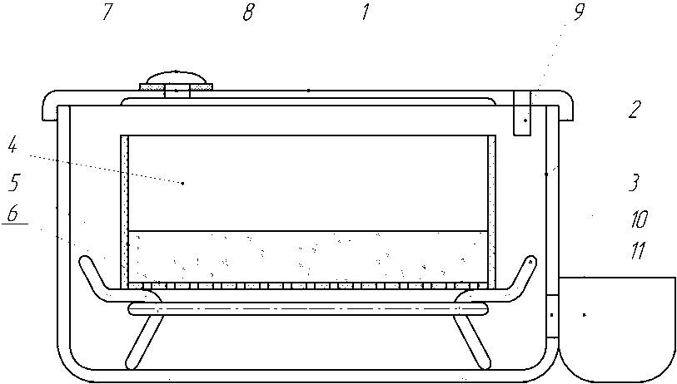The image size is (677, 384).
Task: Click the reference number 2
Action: (634, 110)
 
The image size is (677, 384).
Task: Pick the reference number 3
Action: (634, 182)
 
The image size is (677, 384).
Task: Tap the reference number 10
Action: (639, 219)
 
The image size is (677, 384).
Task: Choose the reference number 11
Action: (638, 250)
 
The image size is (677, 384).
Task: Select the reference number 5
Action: (14, 182)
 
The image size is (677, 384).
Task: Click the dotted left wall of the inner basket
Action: (125, 208)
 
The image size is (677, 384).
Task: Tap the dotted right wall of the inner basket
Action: (492, 208)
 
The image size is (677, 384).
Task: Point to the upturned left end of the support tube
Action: (90, 271)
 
